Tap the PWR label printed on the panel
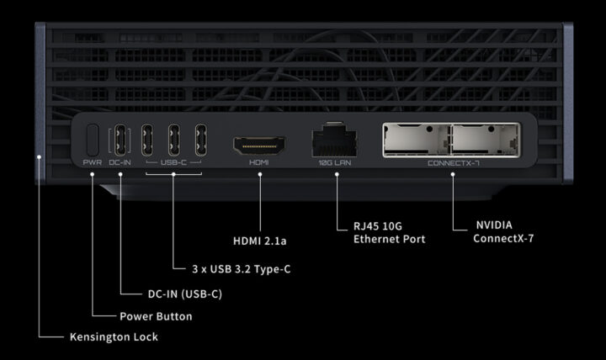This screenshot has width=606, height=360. click(93, 161)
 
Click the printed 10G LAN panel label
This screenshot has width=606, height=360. click(335, 161)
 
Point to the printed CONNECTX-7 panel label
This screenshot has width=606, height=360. click(452, 161)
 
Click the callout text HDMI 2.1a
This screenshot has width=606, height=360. click(260, 242)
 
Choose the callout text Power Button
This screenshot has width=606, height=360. click(156, 316)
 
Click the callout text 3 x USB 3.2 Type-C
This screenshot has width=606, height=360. click(231, 269)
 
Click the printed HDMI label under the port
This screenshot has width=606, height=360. click(259, 161)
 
